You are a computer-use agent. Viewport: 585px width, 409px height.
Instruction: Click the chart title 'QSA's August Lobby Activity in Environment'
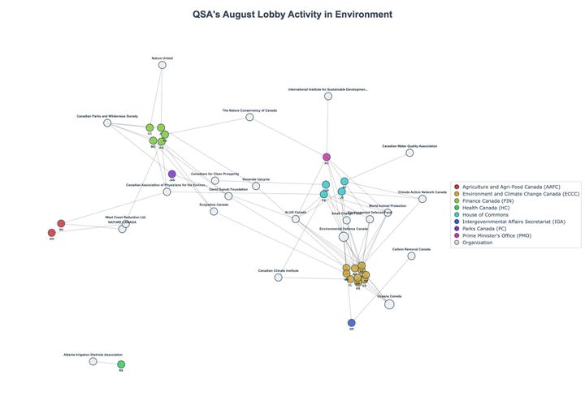coord(292,15)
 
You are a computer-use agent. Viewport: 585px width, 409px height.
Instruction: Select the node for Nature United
coord(162,65)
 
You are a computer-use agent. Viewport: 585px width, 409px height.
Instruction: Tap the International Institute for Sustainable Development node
coord(328,96)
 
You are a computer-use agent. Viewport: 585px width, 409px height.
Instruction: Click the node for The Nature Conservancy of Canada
coord(249,117)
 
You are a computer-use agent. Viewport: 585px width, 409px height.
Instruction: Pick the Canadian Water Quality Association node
coord(409,153)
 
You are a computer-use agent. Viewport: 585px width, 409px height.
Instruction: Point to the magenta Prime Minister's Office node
coord(327,157)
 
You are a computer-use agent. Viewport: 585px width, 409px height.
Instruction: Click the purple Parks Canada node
coord(171,174)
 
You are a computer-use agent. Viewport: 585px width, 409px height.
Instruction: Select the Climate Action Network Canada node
coord(422,199)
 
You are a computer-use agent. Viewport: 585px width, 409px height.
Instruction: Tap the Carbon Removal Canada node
coord(411,256)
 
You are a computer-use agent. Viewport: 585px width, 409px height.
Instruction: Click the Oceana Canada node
coord(389,304)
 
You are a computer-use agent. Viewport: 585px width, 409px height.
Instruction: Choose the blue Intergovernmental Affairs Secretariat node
coord(352,322)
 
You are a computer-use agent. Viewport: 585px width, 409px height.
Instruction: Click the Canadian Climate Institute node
coord(278,278)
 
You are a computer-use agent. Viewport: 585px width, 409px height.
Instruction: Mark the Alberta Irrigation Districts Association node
coord(93,361)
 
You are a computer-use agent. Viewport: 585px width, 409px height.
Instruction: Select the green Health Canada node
coord(121,364)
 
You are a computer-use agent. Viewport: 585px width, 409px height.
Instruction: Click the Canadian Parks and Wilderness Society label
coord(107,116)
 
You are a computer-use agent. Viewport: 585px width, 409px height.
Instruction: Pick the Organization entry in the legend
coord(483,242)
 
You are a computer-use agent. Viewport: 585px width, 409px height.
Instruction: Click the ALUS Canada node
coord(296,218)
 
